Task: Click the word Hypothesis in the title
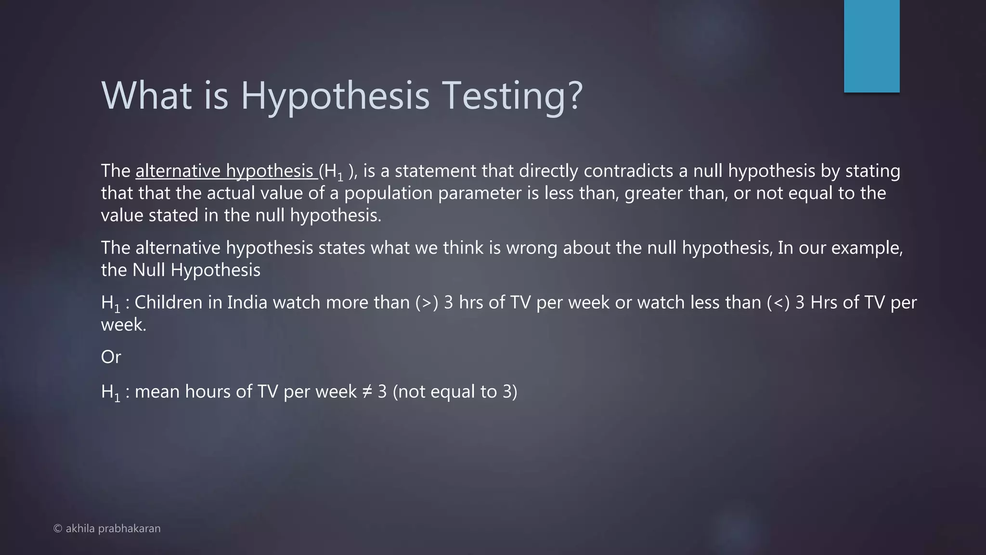coord(335,96)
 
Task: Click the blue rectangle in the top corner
coord(871,46)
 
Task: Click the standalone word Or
coord(111,357)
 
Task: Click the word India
coord(247,303)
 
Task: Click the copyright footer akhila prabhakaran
coord(107,529)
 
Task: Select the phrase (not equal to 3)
coord(455,392)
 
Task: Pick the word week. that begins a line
coord(123,325)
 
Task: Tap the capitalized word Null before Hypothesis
coord(148,270)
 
